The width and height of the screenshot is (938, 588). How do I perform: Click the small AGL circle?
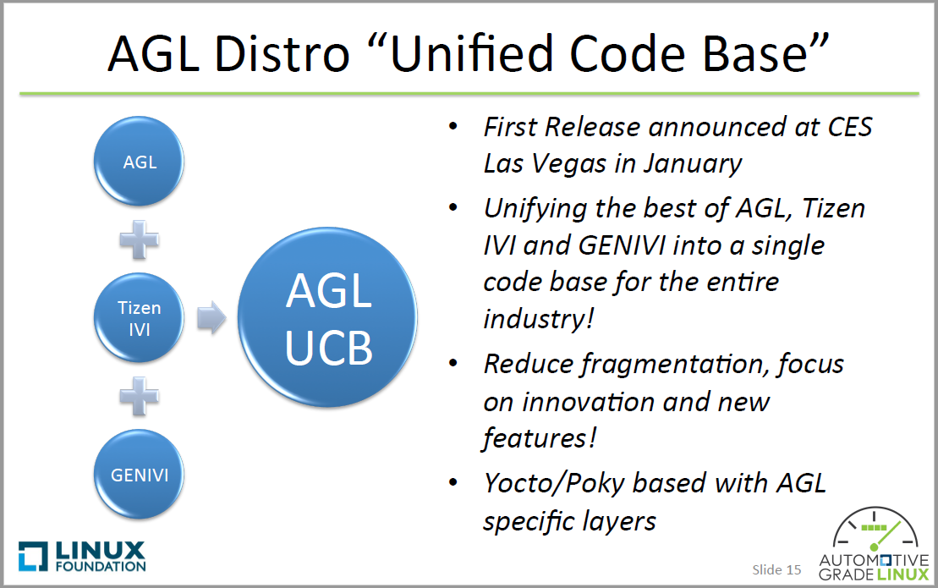pyautogui.click(x=140, y=161)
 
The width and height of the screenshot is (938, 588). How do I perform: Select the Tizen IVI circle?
pyautogui.click(x=140, y=318)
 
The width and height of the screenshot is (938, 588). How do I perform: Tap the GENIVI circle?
pyautogui.click(x=140, y=475)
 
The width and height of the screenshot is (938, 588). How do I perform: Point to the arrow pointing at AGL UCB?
pyautogui.click(x=211, y=318)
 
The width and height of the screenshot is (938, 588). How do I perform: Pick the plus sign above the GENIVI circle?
pyautogui.click(x=140, y=396)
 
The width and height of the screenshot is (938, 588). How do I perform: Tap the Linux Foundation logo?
pyautogui.click(x=82, y=556)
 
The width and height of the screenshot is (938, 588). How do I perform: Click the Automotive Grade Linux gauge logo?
pyautogui.click(x=874, y=546)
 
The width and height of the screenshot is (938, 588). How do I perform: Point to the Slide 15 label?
pyautogui.click(x=776, y=569)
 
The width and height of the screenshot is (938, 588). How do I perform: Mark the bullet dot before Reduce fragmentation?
pyautogui.click(x=454, y=364)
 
